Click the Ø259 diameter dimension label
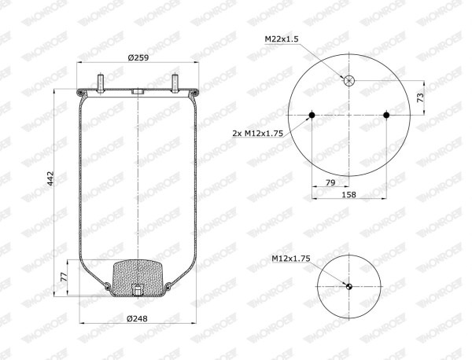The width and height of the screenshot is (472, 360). (x=138, y=57)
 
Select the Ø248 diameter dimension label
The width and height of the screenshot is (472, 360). (x=137, y=318)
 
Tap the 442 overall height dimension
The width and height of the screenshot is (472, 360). (x=50, y=178)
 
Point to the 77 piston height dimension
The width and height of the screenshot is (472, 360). (x=64, y=277)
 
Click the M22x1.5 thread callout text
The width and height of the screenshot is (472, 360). (x=282, y=39)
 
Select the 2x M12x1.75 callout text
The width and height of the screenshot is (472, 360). (x=258, y=133)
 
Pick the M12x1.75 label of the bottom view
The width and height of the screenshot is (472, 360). (x=291, y=259)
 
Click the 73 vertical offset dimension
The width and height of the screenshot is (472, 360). (x=420, y=97)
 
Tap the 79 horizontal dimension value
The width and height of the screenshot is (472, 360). (x=330, y=182)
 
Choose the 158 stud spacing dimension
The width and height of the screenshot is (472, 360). (x=348, y=195)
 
